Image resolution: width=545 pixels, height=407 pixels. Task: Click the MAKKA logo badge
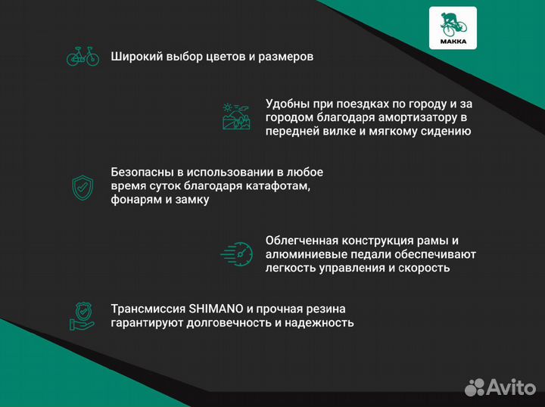pyautogui.click(x=453, y=28)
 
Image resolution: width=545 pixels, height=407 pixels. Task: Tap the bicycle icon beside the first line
pyautogui.click(x=83, y=57)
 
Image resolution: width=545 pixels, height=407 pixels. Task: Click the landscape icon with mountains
pyautogui.click(x=236, y=117)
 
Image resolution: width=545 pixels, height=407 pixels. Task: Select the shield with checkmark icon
pyautogui.click(x=83, y=186)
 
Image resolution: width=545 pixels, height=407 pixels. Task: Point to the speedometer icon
pyautogui.click(x=235, y=253)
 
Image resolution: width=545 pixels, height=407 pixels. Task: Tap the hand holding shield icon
pyautogui.click(x=83, y=316)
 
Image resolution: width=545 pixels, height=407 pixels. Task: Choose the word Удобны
pyautogui.click(x=288, y=104)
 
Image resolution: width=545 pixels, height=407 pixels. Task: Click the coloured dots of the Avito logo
pyautogui.click(x=474, y=387)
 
